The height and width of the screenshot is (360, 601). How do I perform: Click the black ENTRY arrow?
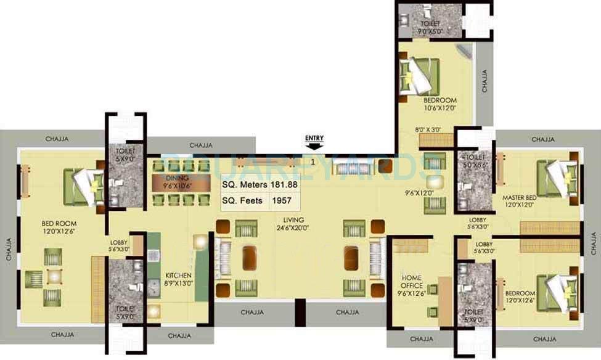pos(313,146)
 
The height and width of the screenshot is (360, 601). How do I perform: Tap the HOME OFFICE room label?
pos(412,281)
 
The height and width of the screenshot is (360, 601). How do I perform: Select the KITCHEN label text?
pos(179,276)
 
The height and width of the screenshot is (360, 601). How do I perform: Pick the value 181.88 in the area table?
pos(284,185)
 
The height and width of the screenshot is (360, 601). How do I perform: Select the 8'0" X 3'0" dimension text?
pos(428,129)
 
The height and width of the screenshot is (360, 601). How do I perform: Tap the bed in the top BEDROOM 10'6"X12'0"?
pos(419,74)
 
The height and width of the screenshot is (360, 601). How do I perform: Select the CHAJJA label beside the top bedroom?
pos(485,81)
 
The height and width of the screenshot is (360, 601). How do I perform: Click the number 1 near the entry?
pos(313,162)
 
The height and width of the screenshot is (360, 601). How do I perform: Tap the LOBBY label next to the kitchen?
pos(118,245)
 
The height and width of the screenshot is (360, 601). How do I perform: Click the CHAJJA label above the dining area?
pos(202,145)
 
